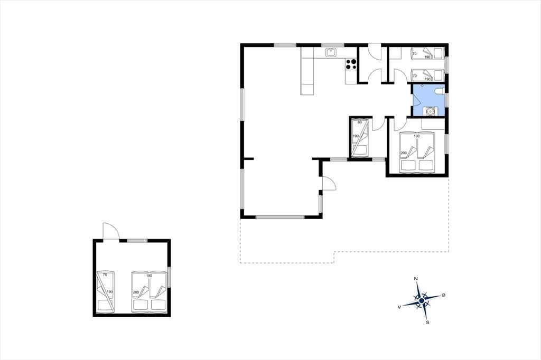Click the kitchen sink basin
(x=331, y=53)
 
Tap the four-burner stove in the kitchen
(x=351, y=64)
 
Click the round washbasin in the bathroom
(x=430, y=111)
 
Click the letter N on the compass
(x=416, y=279)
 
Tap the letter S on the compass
(x=427, y=323)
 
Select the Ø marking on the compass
(x=444, y=296)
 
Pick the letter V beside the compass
(x=399, y=307)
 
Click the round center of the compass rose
(x=422, y=301)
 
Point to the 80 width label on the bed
(x=359, y=122)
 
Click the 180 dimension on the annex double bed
(x=149, y=276)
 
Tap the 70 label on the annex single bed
(x=105, y=275)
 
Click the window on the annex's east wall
(x=169, y=277)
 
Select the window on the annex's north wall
(x=137, y=241)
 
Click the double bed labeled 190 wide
(x=417, y=153)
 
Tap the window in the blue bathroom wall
(x=447, y=100)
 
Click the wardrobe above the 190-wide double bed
(x=433, y=124)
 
